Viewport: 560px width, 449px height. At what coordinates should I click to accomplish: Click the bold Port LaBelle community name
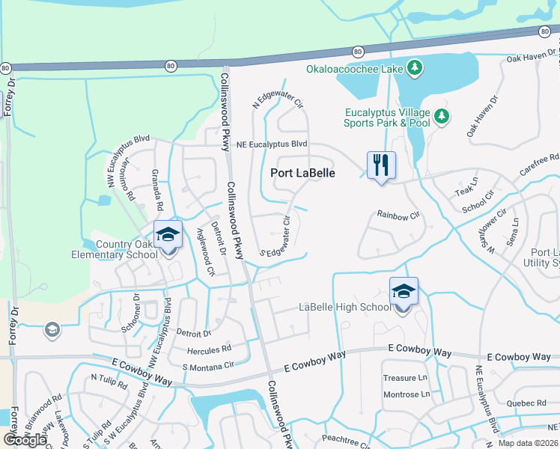tap(302, 173)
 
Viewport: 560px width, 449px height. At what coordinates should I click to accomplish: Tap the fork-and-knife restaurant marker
tap(381, 165)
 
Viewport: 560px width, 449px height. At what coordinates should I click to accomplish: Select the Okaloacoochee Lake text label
tap(355, 70)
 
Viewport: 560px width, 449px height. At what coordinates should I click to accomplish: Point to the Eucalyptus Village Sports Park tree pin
tap(442, 116)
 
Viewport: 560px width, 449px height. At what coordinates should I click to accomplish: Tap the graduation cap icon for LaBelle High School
tap(404, 291)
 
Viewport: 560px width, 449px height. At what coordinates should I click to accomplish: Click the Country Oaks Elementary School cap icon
tap(168, 235)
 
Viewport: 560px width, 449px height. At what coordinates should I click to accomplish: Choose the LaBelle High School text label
tap(345, 308)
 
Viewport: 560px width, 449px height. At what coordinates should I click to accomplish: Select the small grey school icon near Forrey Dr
tap(52, 329)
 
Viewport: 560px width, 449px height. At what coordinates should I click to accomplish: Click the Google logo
tap(25, 439)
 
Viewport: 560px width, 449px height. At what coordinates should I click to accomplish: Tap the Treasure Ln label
tap(404, 379)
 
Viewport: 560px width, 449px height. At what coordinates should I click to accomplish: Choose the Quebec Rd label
tap(530, 403)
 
